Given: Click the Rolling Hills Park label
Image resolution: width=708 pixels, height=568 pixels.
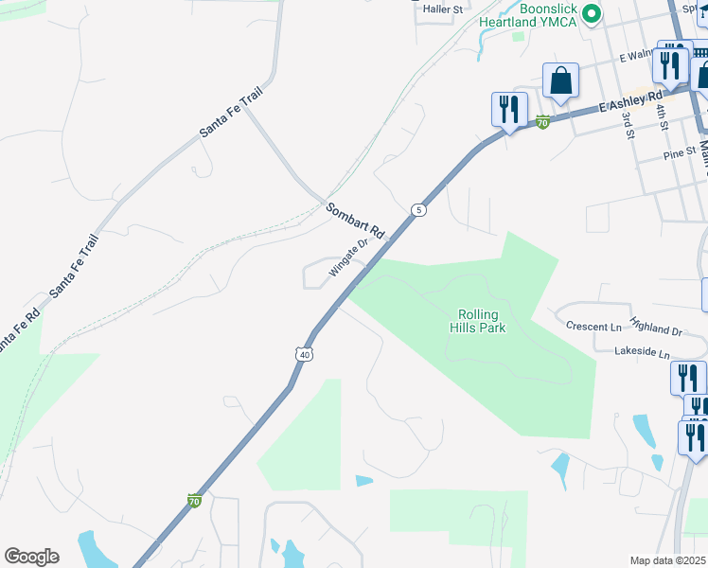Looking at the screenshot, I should coord(482,321).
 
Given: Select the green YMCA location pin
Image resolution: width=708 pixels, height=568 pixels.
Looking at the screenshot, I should coord(593,13).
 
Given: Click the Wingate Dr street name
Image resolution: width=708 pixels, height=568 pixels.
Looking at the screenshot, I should coord(347,259).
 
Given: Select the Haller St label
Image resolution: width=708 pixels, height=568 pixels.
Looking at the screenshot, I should coord(442,9).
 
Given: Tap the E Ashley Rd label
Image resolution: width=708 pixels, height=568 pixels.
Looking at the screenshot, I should coord(630,104).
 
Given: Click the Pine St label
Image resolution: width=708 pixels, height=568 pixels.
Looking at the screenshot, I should coord(680,151).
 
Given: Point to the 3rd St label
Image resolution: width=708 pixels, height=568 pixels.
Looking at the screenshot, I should coord(628,126).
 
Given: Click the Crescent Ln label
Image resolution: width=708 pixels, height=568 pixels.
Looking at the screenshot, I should coord(593,327).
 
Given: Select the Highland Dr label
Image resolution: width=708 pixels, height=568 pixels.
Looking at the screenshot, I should coord(655,331).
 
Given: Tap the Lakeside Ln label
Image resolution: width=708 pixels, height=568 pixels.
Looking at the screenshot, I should coord(642,352).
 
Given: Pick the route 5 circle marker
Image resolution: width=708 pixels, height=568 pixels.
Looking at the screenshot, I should coord(417,209).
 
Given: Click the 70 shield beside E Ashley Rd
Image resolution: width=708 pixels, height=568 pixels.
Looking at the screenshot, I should coord(542,122).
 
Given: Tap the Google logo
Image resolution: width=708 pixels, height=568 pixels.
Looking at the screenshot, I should coord(31,557).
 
